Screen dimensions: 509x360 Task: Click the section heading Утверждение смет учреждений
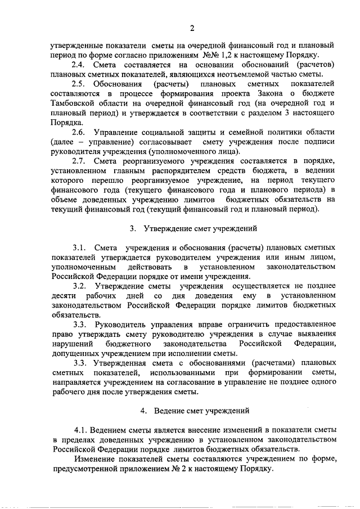click(201, 228)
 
